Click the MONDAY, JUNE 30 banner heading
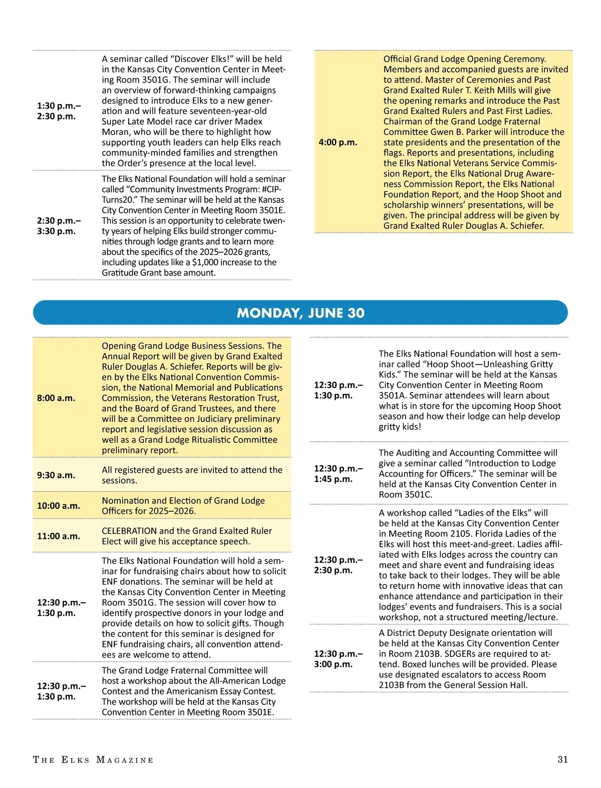(x=300, y=313)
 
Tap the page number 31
(x=562, y=759)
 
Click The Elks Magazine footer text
(x=93, y=760)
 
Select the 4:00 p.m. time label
(x=338, y=142)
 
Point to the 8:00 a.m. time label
(x=56, y=398)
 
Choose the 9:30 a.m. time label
(x=56, y=475)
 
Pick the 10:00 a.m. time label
(x=59, y=505)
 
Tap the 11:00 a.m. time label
(x=59, y=536)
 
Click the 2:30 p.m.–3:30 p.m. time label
(x=59, y=226)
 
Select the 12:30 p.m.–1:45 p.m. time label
(x=339, y=473)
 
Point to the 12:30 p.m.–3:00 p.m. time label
(x=339, y=658)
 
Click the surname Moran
(x=116, y=132)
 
